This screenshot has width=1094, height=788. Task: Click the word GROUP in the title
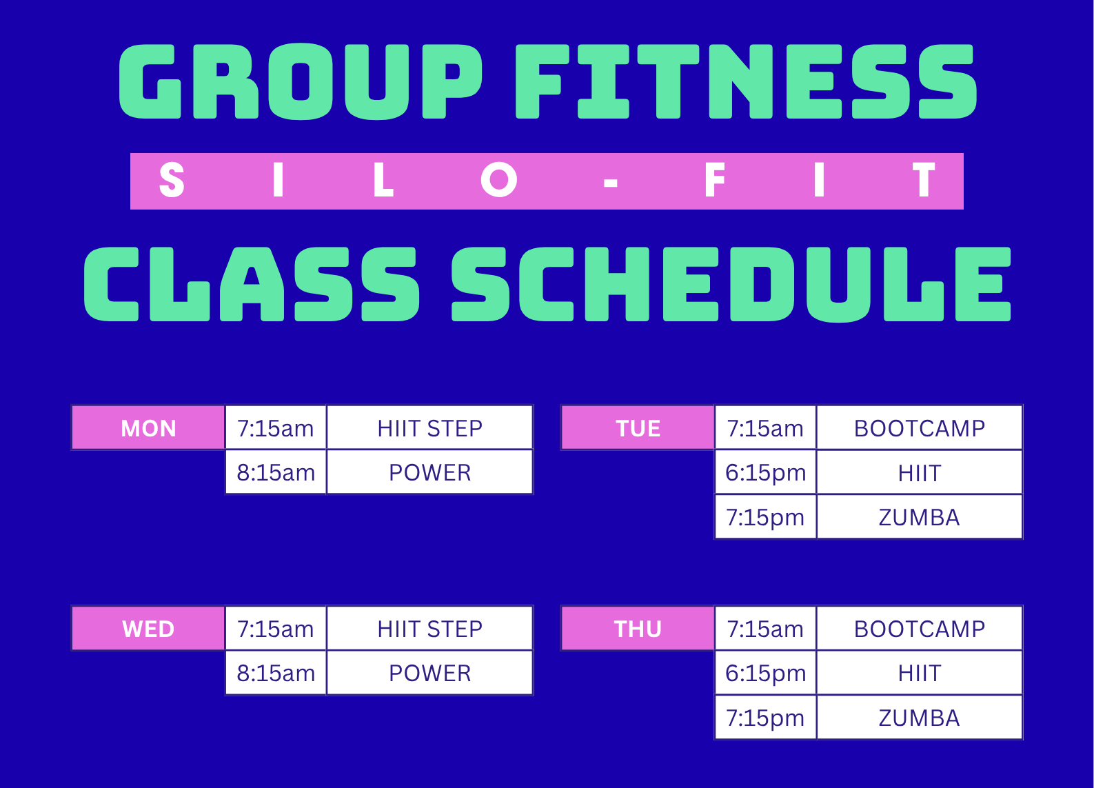click(301, 81)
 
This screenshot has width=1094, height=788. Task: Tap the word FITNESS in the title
click(747, 81)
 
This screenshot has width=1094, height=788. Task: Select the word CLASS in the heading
click(252, 284)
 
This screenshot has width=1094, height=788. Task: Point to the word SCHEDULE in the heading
click(731, 284)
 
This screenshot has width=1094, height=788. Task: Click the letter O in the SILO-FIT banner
click(498, 180)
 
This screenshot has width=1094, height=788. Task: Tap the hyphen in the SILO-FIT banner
click(611, 183)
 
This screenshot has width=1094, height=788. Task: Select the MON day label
click(148, 428)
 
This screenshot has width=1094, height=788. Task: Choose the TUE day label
click(638, 428)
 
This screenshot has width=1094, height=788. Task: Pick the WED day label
click(148, 629)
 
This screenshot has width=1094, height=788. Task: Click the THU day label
click(638, 629)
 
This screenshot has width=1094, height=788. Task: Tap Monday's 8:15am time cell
click(276, 472)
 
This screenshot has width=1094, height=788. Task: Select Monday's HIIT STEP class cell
click(429, 428)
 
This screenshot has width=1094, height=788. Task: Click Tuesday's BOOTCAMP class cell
click(920, 428)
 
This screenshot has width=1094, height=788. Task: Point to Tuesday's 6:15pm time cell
click(766, 472)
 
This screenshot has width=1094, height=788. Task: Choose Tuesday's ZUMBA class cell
click(920, 517)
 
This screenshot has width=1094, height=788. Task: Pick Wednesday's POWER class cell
click(429, 673)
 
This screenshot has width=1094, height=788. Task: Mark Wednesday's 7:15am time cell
click(276, 629)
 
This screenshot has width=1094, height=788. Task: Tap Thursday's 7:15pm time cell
click(766, 718)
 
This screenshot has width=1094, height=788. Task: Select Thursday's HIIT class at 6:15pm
click(920, 673)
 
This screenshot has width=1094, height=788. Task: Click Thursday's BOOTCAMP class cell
click(920, 629)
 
